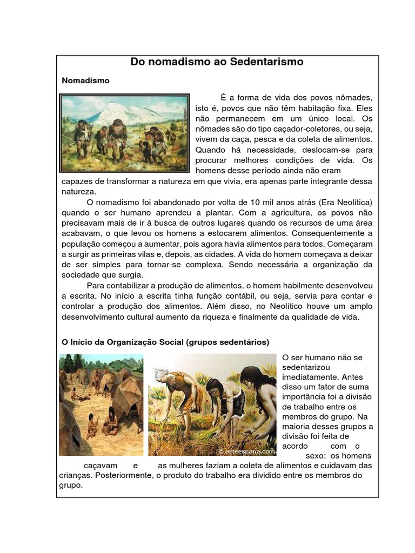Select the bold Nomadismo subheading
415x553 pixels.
click(x=86, y=80)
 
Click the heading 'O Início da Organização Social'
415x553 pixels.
click(x=121, y=342)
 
